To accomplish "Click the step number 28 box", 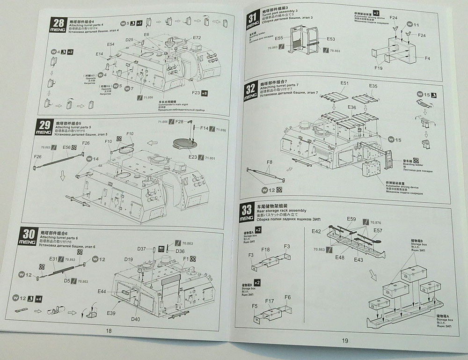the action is tap(59, 24).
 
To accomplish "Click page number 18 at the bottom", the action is tap(109, 331).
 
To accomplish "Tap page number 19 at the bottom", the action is tap(344, 340).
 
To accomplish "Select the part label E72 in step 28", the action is tap(197, 38).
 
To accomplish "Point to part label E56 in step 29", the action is tap(66, 147).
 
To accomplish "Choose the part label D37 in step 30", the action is tap(142, 248).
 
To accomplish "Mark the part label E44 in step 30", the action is tap(102, 291).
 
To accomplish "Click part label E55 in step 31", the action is tap(279, 38).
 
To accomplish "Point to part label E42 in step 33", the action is tap(317, 231).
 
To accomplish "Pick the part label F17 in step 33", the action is tap(269, 301).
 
